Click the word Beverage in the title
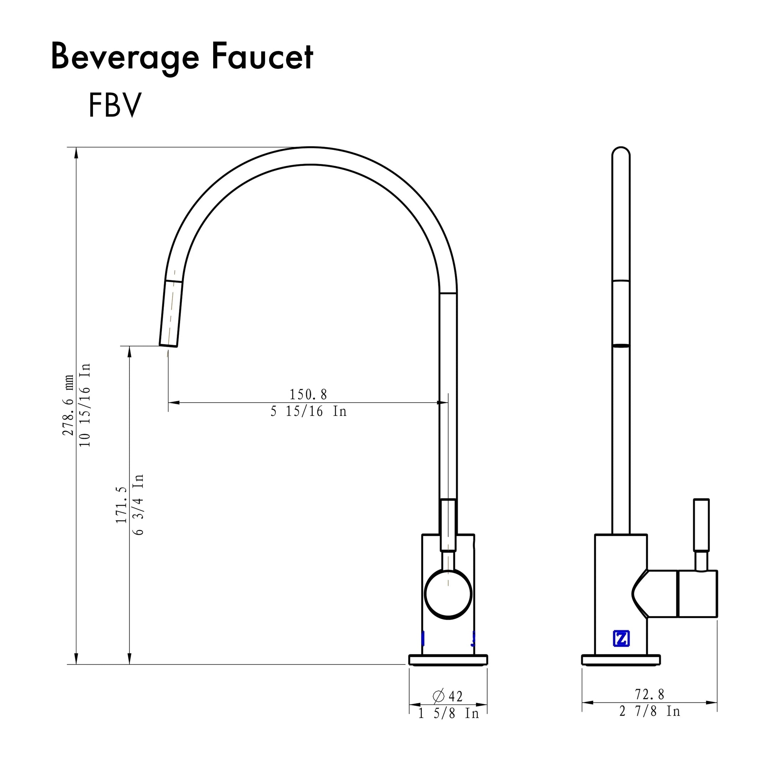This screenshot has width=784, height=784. click(125, 58)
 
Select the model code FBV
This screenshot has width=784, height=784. click(115, 105)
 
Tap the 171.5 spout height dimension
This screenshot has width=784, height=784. click(121, 505)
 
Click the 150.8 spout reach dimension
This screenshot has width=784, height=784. click(308, 394)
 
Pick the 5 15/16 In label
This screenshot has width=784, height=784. click(308, 412)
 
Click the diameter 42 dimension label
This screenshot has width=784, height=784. click(448, 696)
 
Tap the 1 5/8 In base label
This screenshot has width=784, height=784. click(448, 713)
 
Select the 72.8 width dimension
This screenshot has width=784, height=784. click(649, 694)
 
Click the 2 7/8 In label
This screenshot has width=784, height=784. click(649, 711)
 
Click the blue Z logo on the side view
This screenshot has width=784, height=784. click(621, 639)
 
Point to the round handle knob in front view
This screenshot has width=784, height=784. click(448, 594)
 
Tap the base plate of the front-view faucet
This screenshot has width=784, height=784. click(448, 660)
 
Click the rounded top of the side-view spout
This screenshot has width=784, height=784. click(621, 154)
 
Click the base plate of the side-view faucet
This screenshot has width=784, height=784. click(621, 660)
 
